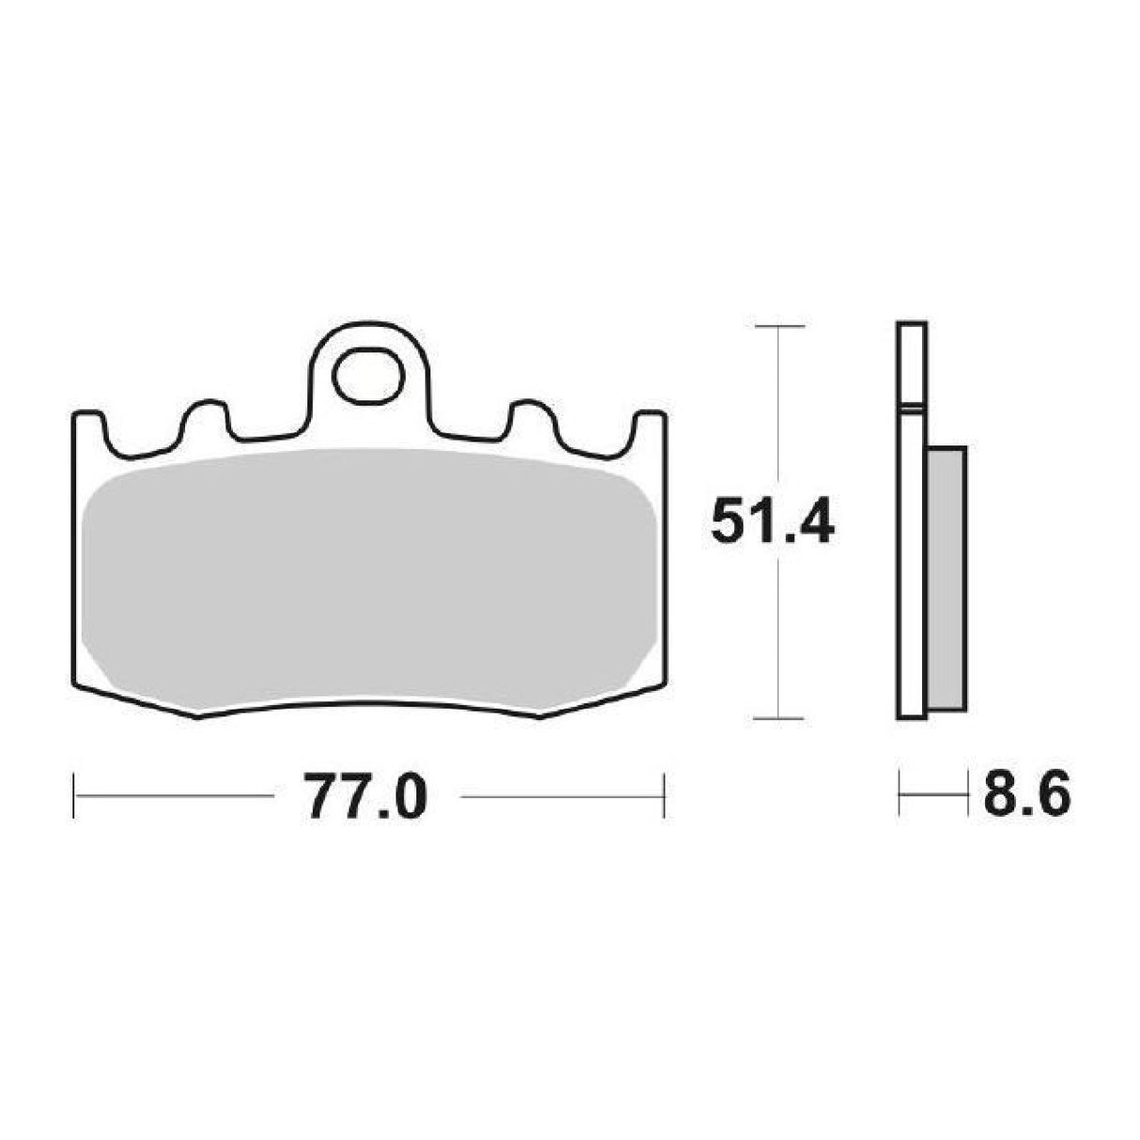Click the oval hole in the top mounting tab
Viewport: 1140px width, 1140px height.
pyautogui.click(x=367, y=374)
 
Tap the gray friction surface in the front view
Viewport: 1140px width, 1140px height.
pyautogui.click(x=368, y=580)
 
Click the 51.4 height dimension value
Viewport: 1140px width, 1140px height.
pyautogui.click(x=772, y=523)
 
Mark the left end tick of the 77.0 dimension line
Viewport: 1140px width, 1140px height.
pyautogui.click(x=73, y=796)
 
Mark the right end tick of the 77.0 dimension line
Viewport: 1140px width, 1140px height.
pyautogui.click(x=664, y=796)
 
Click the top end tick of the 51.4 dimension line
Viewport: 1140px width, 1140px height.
pyautogui.click(x=779, y=326)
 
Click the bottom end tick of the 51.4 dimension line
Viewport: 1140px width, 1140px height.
pyautogui.click(x=779, y=719)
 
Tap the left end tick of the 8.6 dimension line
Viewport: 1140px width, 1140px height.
pyautogui.click(x=900, y=796)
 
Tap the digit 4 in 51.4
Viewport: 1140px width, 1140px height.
pyautogui.click(x=813, y=523)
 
